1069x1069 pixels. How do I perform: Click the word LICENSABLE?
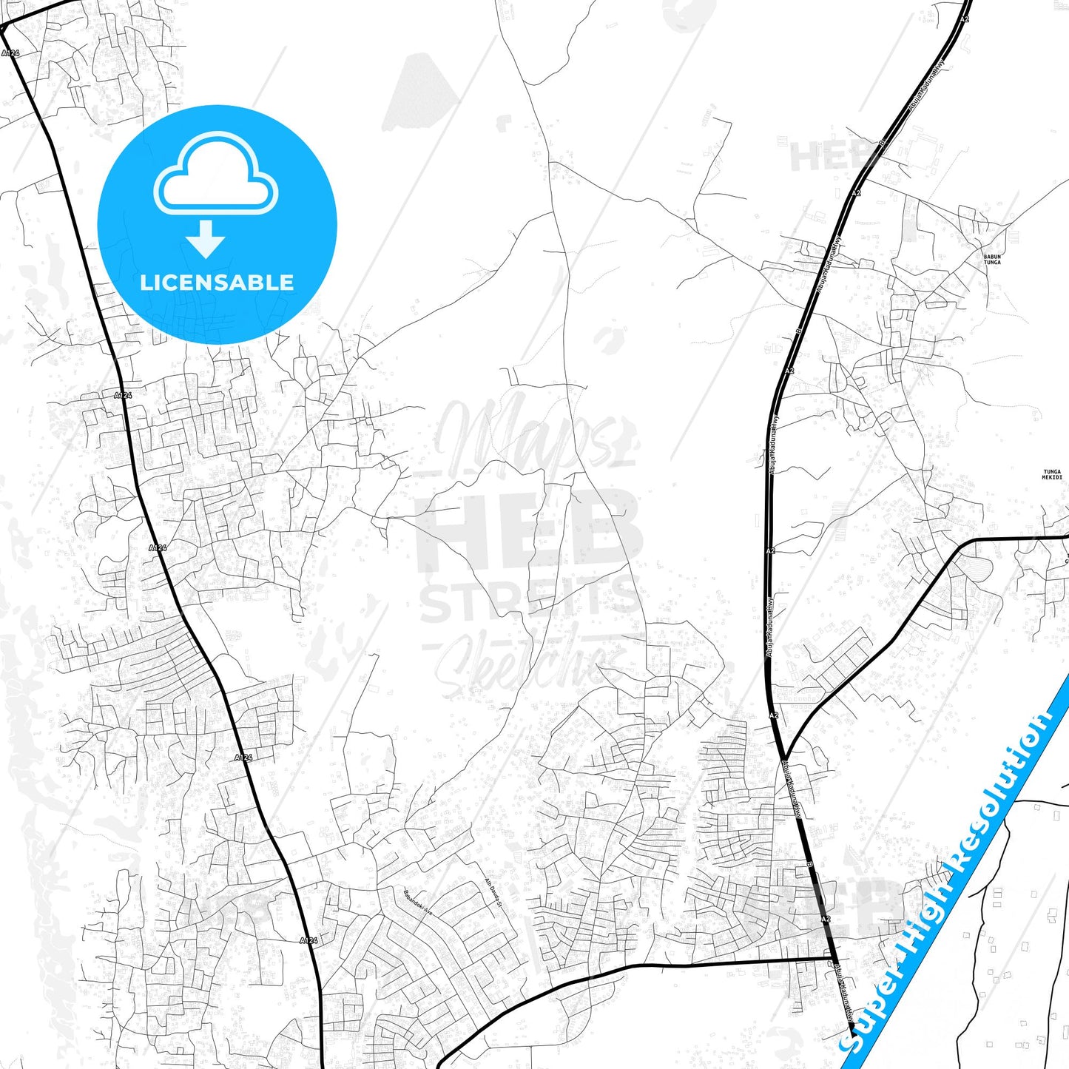click(217, 282)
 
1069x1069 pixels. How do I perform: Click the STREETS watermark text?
click(530, 599)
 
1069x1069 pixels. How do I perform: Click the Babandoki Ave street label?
click(417, 903)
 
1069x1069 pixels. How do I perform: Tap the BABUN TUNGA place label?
click(992, 260)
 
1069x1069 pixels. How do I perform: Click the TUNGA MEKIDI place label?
click(1051, 474)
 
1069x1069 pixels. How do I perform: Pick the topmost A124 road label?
click(10, 53)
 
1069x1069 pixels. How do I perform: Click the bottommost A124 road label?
click(309, 940)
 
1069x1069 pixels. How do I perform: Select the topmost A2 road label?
click(964, 19)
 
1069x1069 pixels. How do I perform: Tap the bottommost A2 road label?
click(826, 919)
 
